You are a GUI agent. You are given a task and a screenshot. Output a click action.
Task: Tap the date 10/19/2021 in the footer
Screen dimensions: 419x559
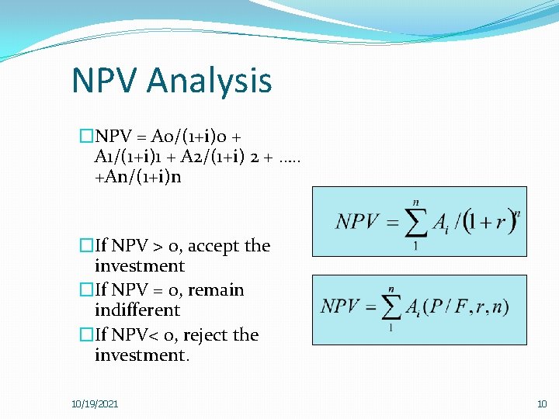95,404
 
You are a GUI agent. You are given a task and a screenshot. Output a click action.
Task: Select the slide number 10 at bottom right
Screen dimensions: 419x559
542,404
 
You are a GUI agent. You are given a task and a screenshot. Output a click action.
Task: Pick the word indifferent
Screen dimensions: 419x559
137,310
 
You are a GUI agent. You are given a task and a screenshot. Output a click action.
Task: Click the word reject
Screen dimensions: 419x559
205,335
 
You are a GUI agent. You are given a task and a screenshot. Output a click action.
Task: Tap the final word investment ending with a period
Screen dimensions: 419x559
141,355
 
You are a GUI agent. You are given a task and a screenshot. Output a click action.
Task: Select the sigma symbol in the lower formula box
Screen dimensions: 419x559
390,306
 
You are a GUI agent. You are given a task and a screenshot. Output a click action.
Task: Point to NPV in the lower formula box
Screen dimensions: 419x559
345,306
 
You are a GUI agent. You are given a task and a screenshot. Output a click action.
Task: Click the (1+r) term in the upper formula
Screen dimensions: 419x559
490,223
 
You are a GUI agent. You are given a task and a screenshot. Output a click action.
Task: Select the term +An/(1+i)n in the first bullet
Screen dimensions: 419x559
137,189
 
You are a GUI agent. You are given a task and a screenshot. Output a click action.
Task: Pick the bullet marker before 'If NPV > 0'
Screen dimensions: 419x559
86,246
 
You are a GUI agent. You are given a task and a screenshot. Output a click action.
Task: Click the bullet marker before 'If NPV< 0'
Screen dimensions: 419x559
86,335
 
